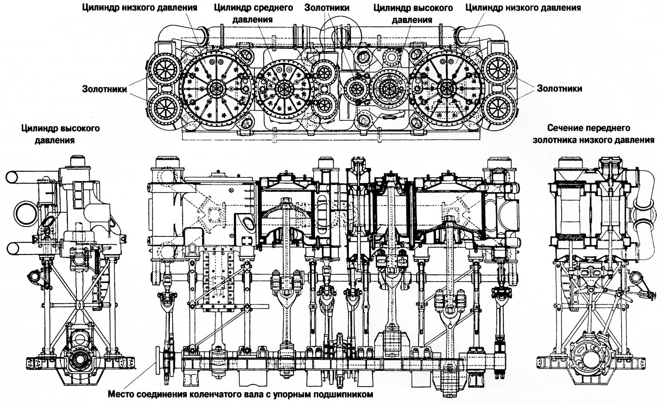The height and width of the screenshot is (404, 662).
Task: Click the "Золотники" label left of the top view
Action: (104, 89)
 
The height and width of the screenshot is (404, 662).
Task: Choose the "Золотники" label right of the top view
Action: (560, 89)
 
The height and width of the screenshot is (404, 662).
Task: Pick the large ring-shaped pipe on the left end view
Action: (25, 213)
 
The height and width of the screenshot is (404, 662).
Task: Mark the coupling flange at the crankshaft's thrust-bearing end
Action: (158, 360)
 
